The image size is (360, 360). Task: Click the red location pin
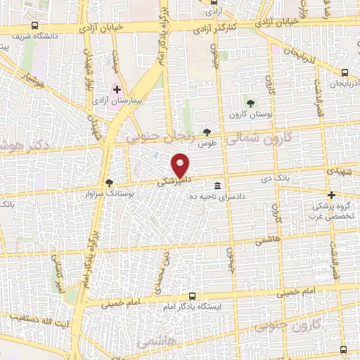[x=181, y=165]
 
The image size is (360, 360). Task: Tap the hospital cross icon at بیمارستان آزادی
[x=117, y=90]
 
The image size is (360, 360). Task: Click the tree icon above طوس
[x=207, y=131]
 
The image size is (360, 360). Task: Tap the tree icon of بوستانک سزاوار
[x=108, y=183]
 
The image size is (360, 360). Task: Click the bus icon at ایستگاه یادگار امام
[x=192, y=297]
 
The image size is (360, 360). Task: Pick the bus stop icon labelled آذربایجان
[x=345, y=72]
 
